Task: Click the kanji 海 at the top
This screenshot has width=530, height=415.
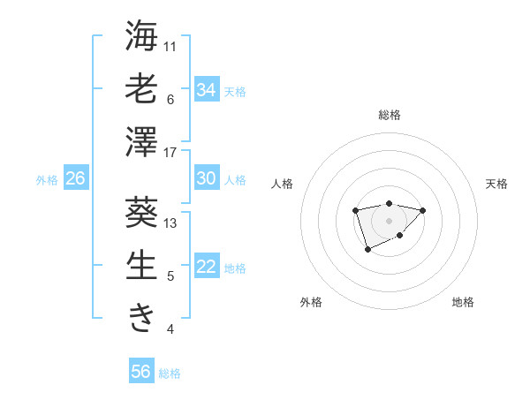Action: [142, 37]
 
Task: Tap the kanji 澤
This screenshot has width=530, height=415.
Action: [142, 142]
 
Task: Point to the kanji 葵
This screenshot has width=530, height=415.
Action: [142, 213]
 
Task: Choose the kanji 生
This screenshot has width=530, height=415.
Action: [142, 266]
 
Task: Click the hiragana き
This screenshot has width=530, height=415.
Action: [142, 318]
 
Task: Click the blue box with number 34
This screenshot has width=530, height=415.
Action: [207, 89]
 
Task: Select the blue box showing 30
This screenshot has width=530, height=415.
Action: [207, 178]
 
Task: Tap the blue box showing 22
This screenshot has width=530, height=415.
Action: [207, 268]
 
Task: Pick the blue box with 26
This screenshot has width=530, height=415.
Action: [76, 178]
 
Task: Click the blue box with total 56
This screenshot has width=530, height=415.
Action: [141, 372]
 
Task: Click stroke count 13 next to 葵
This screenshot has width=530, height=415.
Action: [170, 223]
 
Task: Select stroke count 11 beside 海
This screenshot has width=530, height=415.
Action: [170, 46]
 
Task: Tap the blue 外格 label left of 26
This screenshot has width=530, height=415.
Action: [47, 179]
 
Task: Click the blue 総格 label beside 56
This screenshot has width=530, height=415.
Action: [170, 373]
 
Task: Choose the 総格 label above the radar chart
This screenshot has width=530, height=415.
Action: [389, 115]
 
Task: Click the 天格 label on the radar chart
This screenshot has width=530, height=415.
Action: [496, 184]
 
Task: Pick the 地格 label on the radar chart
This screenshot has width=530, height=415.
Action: [463, 302]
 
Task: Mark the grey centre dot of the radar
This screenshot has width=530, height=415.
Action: [389, 220]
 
